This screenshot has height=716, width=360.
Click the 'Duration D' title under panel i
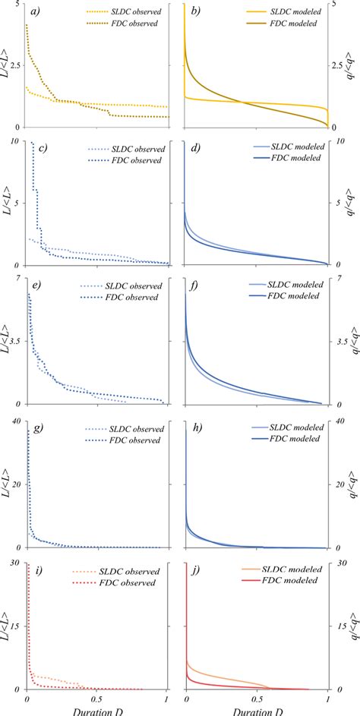[96, 711]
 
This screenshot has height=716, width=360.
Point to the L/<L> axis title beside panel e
[7, 342]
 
